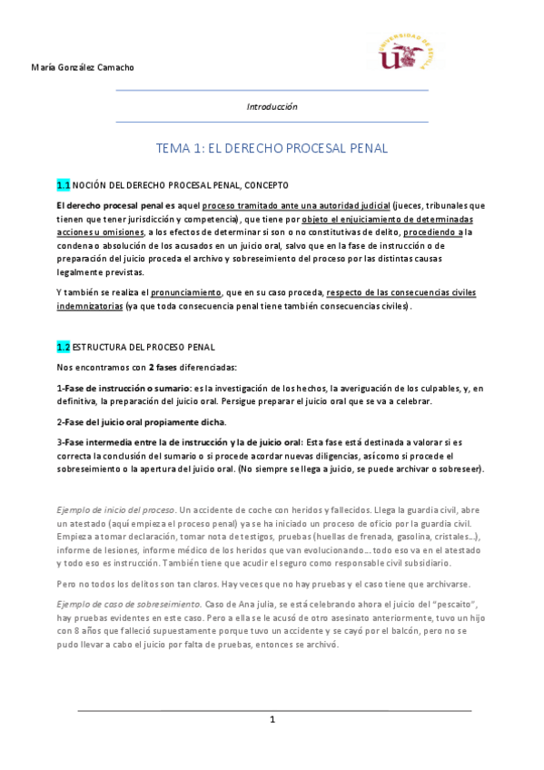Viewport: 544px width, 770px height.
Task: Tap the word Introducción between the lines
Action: tap(272, 106)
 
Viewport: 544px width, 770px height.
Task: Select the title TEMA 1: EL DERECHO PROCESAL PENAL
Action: tap(272, 147)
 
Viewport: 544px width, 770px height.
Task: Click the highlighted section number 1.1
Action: tap(63, 184)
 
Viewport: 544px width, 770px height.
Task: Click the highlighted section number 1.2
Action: tap(63, 347)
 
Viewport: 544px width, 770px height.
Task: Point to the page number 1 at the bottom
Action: tap(272, 719)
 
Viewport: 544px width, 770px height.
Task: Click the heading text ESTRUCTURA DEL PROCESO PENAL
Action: tap(144, 347)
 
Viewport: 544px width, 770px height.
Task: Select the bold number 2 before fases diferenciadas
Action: tap(152, 367)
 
